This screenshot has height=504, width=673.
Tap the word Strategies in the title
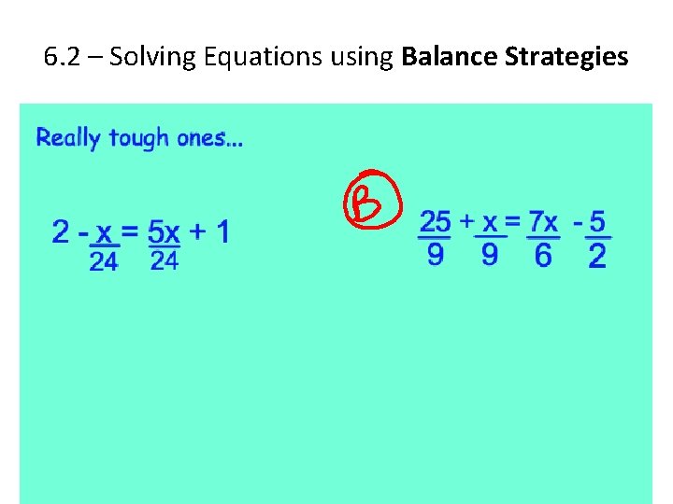(566, 57)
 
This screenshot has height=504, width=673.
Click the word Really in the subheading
(67, 138)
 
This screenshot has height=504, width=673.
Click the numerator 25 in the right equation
(436, 222)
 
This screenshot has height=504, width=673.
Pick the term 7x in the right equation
(543, 222)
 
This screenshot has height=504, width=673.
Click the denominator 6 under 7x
(543, 255)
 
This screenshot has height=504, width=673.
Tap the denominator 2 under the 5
(597, 255)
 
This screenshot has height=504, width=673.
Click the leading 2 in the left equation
(61, 231)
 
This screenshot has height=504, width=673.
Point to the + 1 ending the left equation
(209, 231)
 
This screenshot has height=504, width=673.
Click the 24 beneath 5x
(164, 261)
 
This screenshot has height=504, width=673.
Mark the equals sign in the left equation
(131, 231)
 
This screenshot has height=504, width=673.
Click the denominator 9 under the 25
(436, 254)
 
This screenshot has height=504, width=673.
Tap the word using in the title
(364, 57)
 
